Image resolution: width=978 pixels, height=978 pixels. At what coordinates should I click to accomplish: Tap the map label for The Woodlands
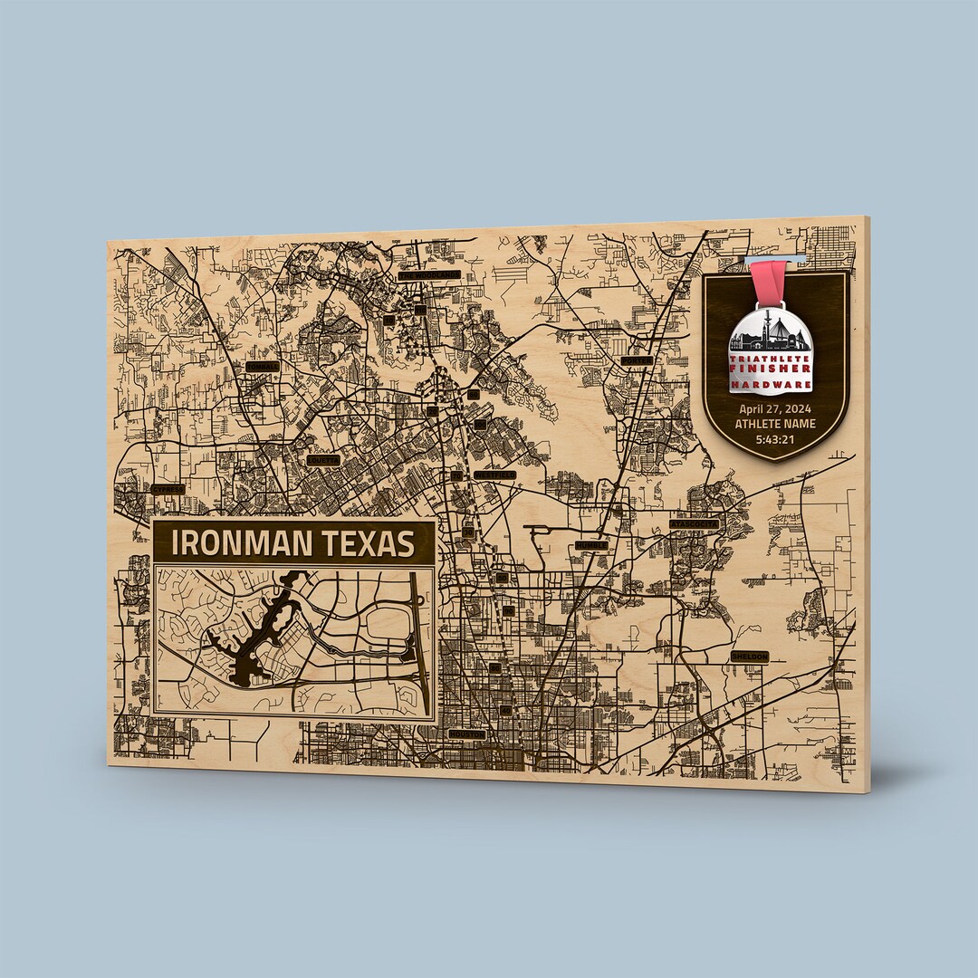click(x=428, y=274)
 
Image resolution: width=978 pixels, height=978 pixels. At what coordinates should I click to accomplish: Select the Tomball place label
click(x=263, y=367)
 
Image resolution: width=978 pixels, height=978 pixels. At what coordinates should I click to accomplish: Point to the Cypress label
click(x=168, y=489)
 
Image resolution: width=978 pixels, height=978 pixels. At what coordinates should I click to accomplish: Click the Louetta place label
click(x=322, y=460)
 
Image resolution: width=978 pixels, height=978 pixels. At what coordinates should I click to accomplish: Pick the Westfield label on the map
click(x=494, y=475)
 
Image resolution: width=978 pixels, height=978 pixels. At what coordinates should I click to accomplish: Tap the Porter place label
click(x=637, y=360)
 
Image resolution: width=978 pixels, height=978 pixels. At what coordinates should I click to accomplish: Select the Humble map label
click(x=591, y=545)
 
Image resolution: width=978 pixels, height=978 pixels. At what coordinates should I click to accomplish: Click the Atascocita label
click(x=695, y=523)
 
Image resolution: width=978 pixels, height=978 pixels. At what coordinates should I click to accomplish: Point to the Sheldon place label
click(x=750, y=656)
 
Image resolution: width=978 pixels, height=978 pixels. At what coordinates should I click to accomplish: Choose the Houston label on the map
click(x=466, y=733)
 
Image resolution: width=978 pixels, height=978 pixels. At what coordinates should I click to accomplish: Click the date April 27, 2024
click(x=775, y=408)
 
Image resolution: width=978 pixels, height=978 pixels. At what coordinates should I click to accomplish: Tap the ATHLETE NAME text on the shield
click(x=775, y=423)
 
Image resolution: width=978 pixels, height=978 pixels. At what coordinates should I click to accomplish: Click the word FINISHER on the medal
click(x=771, y=369)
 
